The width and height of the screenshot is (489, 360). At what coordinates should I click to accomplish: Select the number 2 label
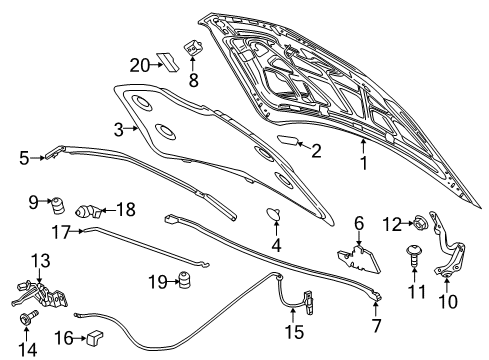click(315, 152)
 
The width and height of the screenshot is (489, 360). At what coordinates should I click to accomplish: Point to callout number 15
click(292, 329)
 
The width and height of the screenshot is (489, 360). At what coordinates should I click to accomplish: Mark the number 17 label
click(60, 231)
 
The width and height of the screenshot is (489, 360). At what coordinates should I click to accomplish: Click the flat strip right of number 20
click(170, 65)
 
